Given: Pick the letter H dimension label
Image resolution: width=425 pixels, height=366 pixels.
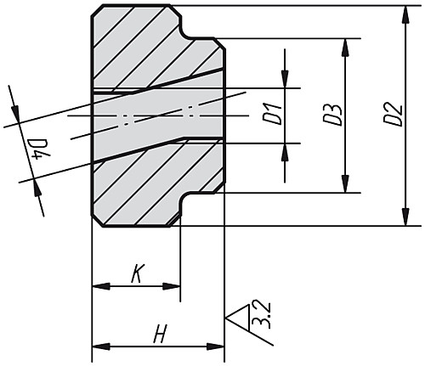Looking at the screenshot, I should pyautogui.click(x=158, y=335).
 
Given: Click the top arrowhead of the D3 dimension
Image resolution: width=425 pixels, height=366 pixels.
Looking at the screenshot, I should pyautogui.click(x=344, y=46).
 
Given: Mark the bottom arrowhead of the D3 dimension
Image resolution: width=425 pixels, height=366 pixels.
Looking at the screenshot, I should pyautogui.click(x=344, y=185).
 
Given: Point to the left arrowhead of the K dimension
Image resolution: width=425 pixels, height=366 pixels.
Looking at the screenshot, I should pyautogui.click(x=99, y=286).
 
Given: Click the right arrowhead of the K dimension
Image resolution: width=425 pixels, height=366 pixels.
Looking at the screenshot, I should pyautogui.click(x=173, y=286).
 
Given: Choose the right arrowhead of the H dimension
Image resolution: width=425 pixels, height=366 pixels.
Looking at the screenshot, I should pyautogui.click(x=217, y=346).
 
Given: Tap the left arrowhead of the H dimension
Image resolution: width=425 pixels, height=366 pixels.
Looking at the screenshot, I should pyautogui.click(x=99, y=346).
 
